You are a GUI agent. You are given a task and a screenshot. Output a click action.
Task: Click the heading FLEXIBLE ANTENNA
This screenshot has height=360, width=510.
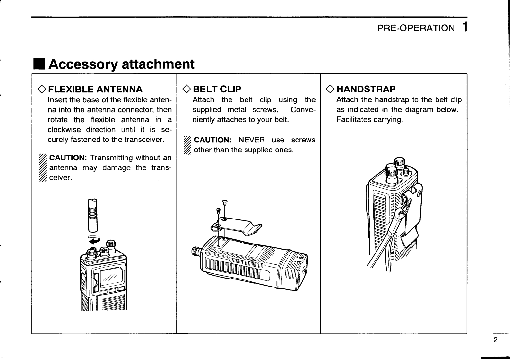coord(95,89)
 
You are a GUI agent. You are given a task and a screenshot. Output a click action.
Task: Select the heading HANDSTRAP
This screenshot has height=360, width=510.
coord(366,89)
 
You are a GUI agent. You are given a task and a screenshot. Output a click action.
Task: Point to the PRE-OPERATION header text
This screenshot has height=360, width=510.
coord(416,28)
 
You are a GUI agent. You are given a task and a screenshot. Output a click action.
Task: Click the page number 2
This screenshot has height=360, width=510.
coord(495,340)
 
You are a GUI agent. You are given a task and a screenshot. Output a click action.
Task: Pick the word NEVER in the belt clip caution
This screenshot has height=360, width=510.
coord(252,140)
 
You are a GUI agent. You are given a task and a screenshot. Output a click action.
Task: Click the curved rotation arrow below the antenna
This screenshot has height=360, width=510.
coord(94,239)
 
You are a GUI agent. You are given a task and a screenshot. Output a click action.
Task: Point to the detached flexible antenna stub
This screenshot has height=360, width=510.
coord(92,215)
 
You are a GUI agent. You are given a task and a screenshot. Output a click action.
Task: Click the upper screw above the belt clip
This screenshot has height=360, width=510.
coord(225,202)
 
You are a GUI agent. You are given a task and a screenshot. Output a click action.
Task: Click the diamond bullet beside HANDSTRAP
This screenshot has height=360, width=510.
coord(330,89)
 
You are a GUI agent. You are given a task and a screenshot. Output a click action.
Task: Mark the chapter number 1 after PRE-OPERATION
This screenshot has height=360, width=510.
coord(465,28)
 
